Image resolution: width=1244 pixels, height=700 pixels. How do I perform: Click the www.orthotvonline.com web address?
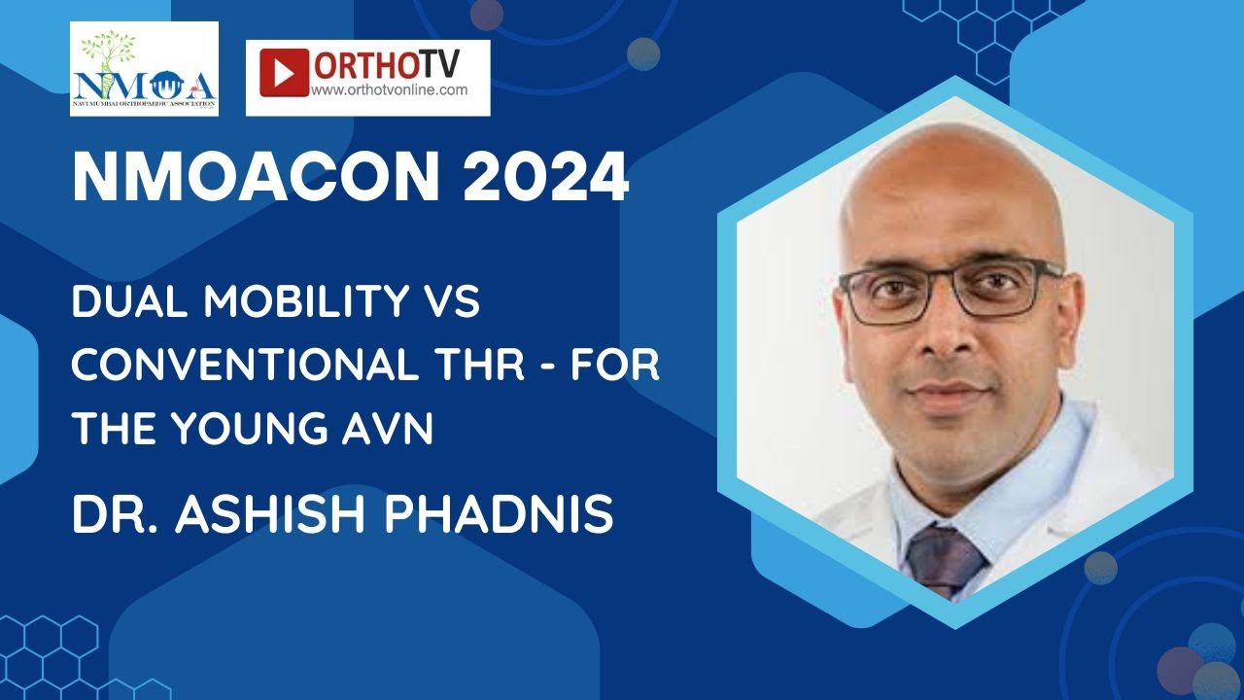click(x=389, y=89)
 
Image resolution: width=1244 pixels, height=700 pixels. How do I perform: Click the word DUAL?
click(x=121, y=305)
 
